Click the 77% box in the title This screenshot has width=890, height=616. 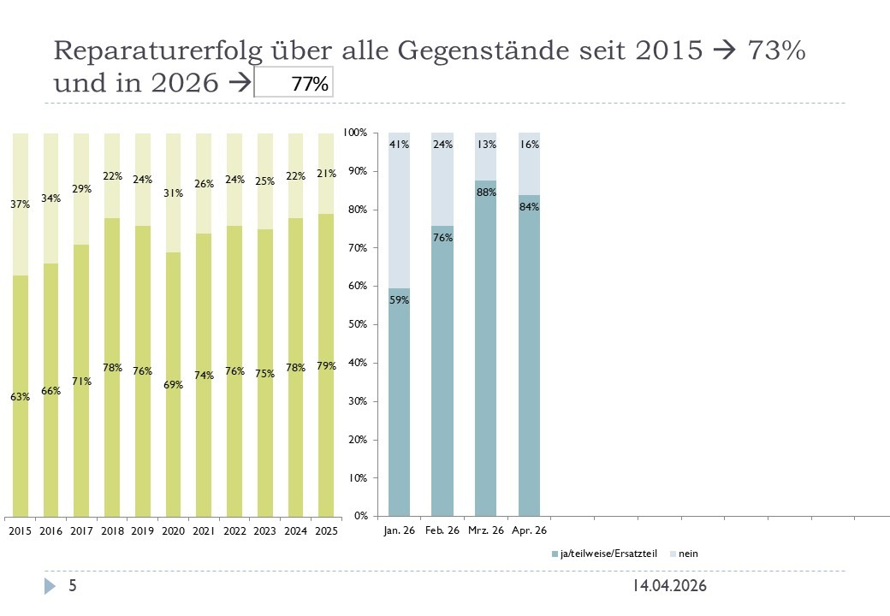(294, 84)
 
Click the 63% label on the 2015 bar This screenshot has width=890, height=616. (21, 397)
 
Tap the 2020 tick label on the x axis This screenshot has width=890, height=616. (173, 531)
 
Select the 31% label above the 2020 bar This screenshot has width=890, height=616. (173, 193)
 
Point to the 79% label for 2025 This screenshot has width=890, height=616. (325, 366)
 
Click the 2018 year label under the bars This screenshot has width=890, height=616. (112, 531)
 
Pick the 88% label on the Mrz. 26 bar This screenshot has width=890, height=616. (486, 192)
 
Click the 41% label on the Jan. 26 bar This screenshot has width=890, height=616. (399, 145)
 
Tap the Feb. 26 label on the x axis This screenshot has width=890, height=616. (442, 530)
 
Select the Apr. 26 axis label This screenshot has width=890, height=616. (530, 530)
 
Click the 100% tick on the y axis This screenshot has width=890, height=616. (354, 133)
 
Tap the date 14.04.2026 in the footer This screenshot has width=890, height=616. (670, 586)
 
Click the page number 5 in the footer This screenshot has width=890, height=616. (73, 586)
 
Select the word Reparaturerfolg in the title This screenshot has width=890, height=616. (151, 51)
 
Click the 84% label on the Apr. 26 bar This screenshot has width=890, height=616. (529, 206)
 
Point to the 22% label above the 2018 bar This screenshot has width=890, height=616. (112, 176)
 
